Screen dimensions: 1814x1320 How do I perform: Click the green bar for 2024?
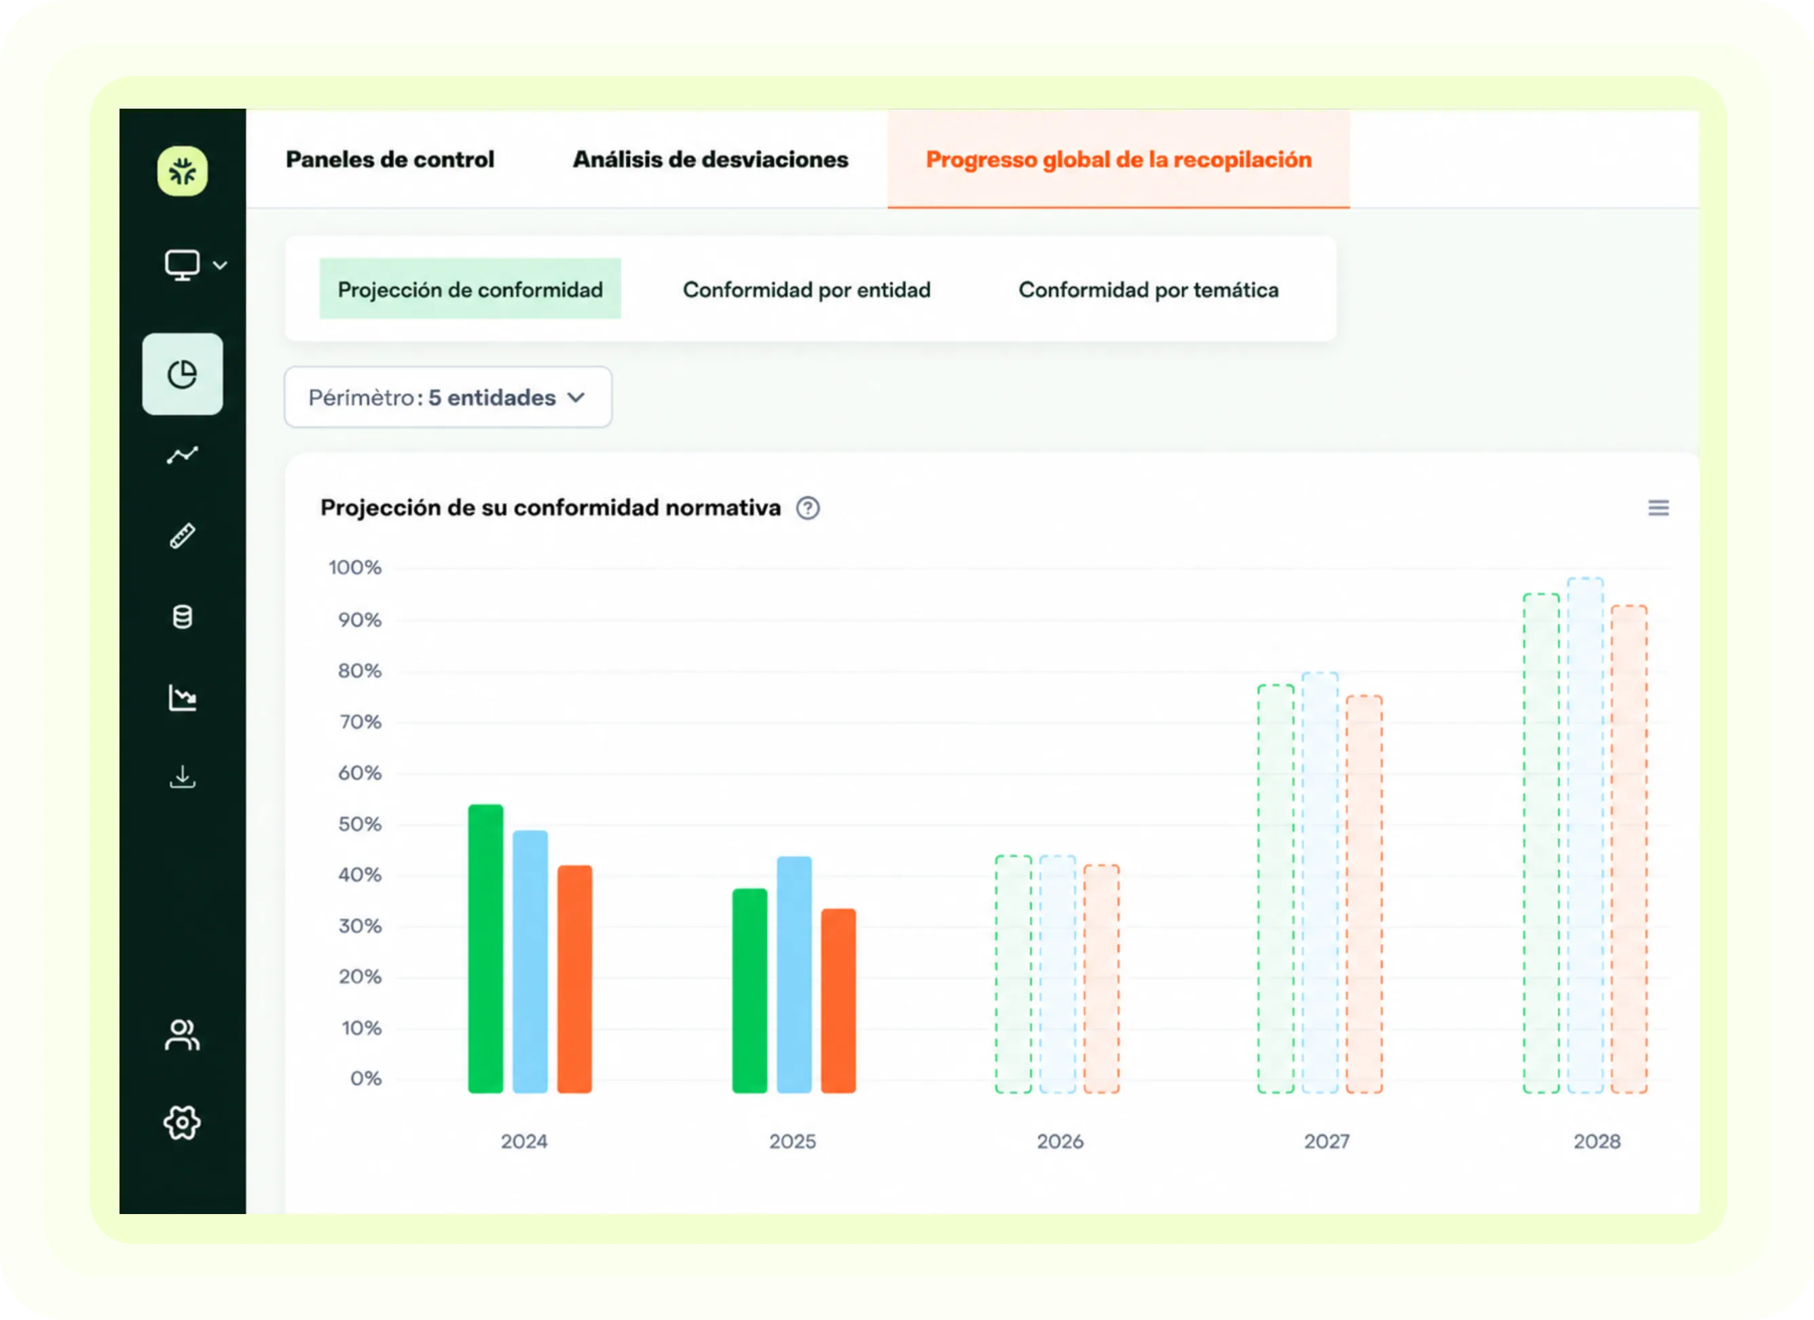click(x=485, y=948)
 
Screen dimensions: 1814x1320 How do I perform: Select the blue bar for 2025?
click(x=794, y=974)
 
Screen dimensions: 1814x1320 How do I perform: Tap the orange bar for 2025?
click(x=838, y=1000)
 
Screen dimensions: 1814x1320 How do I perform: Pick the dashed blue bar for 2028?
click(x=1585, y=835)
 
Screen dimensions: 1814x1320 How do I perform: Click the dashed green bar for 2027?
click(x=1276, y=889)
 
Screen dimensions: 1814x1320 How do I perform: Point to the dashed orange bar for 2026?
click(x=1101, y=978)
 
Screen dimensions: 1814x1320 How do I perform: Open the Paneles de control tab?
click(x=390, y=159)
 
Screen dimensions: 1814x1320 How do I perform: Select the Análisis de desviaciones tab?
click(x=710, y=159)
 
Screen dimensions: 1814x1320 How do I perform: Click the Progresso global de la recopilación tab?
click(x=1118, y=159)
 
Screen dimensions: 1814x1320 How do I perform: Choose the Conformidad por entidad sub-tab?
click(x=807, y=290)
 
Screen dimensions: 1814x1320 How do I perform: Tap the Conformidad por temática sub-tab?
click(x=1149, y=290)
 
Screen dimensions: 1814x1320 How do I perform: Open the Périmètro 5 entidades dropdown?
click(x=448, y=398)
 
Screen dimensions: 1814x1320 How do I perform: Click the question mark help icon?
click(x=808, y=508)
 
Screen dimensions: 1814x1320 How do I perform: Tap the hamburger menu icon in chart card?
click(x=1658, y=508)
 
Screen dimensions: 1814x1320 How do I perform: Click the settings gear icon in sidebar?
click(x=183, y=1123)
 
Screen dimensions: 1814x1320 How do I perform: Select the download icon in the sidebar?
click(x=183, y=777)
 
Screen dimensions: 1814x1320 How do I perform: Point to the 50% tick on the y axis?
click(x=359, y=824)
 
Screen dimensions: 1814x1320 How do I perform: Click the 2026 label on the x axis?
click(x=1060, y=1141)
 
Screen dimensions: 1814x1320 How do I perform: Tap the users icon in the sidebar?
click(x=183, y=1034)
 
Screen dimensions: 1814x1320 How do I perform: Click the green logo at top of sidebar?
click(x=183, y=171)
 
